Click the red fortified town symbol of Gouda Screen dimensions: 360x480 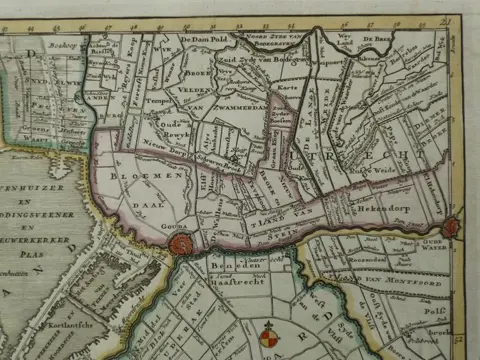click(181, 243)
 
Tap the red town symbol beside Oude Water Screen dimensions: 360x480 click(451, 227)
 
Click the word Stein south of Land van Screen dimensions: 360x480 click(276, 233)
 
